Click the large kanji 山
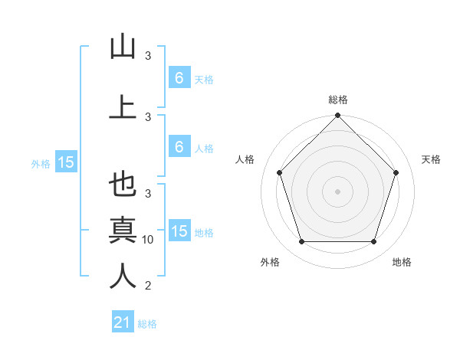coord(123,47)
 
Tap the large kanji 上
coord(123,106)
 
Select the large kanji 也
coord(123,185)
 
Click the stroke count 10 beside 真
coord(149,240)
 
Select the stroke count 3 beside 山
coord(149,56)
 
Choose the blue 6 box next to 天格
coord(179,78)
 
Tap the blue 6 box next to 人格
coord(179,147)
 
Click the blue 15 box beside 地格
coord(179,231)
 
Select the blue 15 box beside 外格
coord(65,162)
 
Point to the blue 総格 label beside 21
coord(147,324)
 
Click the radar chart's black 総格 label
coord(337,100)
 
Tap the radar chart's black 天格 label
coord(431,159)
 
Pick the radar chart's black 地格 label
coord(402,262)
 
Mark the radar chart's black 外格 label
coord(270,262)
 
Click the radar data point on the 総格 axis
coord(337,116)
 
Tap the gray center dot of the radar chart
coord(337,191)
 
